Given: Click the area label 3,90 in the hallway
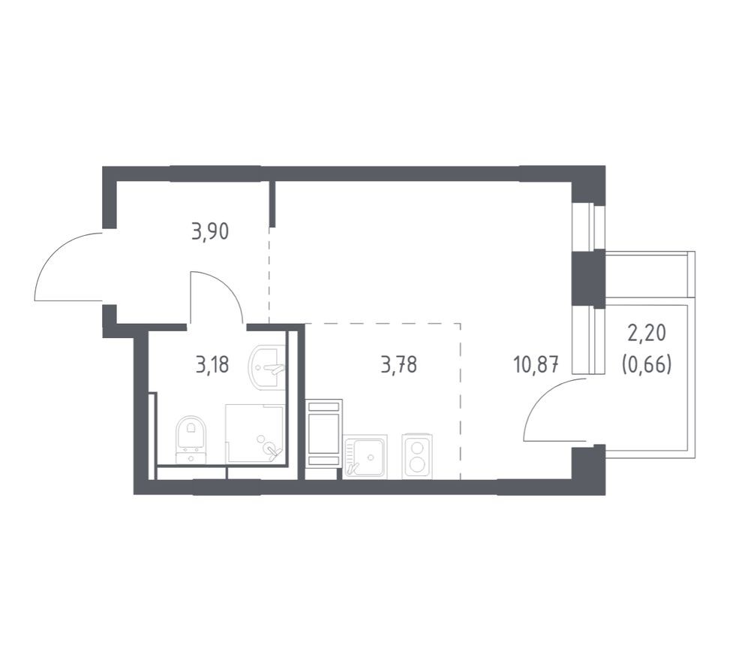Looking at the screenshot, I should coord(210,231).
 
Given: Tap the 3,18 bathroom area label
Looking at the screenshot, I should coord(212,366).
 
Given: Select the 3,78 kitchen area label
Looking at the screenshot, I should coord(398,366).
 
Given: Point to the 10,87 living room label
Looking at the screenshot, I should coord(535,366).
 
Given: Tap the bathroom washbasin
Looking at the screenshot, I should coord(268,367).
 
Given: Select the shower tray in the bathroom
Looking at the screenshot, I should coord(255,434).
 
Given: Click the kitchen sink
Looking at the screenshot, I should coord(365,456).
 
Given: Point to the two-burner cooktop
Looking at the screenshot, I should coord(418,456).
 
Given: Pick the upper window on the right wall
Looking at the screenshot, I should coord(589,226).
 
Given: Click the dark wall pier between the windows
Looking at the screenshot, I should coord(588,278).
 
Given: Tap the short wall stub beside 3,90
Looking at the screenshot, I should coord(272,203).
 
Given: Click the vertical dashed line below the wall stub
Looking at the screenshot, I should coord(269,274).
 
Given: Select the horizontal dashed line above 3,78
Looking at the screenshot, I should coord(383,324).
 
